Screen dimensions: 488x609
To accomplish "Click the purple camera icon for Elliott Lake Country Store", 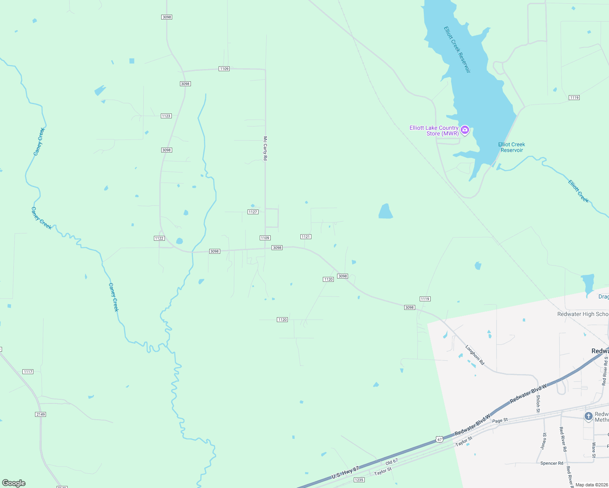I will (x=465, y=130).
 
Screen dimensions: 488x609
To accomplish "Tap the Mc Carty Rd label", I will (x=265, y=148).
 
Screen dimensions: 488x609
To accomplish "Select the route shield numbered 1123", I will (x=166, y=116).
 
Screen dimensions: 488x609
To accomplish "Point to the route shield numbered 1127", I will (x=253, y=212).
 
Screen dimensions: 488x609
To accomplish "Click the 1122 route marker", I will (x=159, y=238).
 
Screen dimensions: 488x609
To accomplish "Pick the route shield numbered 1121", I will (x=306, y=237).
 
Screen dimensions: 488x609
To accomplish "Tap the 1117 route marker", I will (x=28, y=372).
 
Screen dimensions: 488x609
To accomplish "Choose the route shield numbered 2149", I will (x=41, y=414).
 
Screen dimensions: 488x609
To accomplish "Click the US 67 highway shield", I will (x=439, y=440).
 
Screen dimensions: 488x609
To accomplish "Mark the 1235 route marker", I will (x=359, y=480).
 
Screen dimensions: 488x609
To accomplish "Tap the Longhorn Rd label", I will (x=475, y=355).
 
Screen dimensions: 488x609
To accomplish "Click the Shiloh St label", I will (x=538, y=403).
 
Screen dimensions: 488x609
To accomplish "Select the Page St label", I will (x=500, y=420).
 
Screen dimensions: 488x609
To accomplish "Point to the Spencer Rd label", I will (x=552, y=463).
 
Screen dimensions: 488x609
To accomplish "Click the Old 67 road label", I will (x=392, y=462).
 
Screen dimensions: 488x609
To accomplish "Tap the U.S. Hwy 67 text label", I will (x=345, y=473).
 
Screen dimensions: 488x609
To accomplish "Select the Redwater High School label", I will (x=583, y=314).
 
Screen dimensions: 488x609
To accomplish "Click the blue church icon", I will (x=588, y=416).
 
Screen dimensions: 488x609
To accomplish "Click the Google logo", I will (x=14, y=483).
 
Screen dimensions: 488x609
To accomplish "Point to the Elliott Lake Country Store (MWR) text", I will (x=434, y=131).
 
